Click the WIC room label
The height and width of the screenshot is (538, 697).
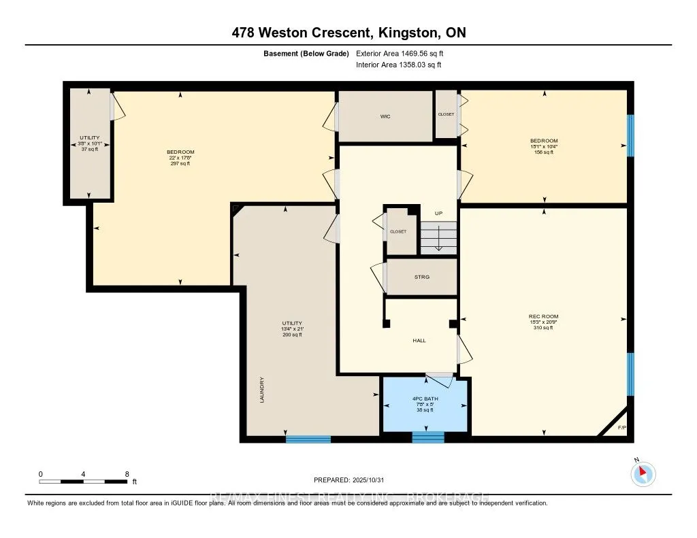coord(385,116)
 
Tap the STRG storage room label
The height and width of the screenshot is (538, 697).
coord(421,277)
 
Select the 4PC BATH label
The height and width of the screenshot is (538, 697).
coord(425,399)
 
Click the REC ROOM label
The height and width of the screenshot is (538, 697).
coord(543,316)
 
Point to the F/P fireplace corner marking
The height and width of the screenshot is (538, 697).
coord(621,428)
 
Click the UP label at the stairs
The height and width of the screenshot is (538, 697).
coord(438,214)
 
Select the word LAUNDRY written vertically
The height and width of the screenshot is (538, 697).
coord(261,390)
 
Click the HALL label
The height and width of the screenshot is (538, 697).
coord(419,340)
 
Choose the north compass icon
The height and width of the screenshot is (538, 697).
coord(643,473)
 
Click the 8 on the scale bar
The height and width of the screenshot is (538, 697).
coord(127,473)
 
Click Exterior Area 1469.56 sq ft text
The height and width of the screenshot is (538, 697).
coord(400,53)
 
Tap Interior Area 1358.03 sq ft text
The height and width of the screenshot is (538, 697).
coord(398,65)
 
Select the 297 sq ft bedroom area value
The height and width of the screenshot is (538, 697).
coord(180,163)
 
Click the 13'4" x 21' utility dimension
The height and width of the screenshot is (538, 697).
coord(292,329)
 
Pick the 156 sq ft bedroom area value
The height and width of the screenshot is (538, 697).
coord(543,152)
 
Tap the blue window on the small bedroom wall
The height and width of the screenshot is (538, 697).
coord(630,135)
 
